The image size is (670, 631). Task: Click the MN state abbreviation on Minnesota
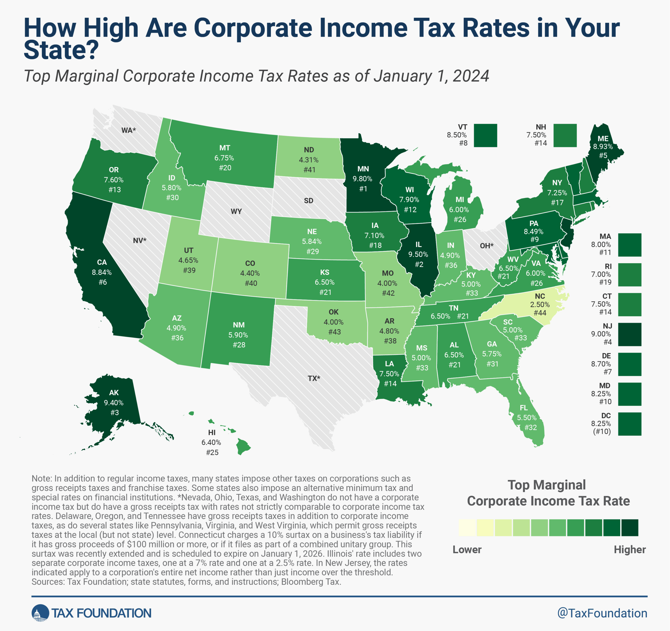(363, 169)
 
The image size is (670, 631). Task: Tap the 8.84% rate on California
(102, 272)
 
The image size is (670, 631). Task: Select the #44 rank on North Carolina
(540, 313)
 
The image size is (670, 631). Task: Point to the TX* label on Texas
(314, 378)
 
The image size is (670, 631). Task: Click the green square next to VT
(485, 136)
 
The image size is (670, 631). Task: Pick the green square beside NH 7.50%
(565, 136)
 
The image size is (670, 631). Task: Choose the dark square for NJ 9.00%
(629, 334)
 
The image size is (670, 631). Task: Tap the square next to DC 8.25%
(629, 424)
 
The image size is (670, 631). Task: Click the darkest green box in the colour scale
(629, 528)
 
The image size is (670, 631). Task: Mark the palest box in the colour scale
(467, 528)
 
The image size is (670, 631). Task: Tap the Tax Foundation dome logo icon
(40, 613)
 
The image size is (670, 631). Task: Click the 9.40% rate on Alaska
(114, 403)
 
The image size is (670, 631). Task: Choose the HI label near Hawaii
(212, 432)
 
